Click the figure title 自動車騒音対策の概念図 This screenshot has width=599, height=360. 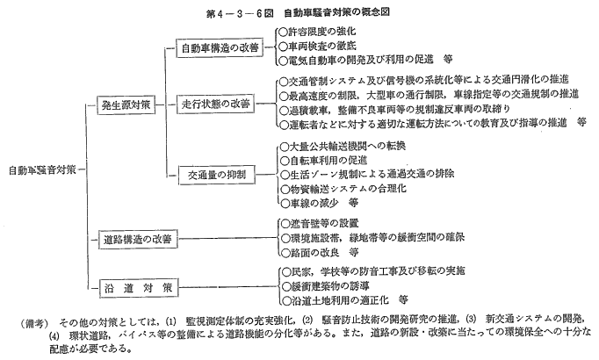point(336,12)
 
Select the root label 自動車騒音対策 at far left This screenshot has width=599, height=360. point(42,170)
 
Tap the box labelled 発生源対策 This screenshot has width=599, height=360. point(126,105)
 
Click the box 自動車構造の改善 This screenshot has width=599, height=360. point(220,47)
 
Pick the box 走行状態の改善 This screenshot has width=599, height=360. point(216,104)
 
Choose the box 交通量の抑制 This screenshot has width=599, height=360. point(217,175)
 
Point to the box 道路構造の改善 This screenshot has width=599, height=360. point(138,240)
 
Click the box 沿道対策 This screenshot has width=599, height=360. point(139,288)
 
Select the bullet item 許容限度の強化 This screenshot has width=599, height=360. point(317,32)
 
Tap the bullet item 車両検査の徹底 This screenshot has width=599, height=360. point(317,47)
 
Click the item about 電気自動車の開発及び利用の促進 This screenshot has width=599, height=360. point(365,60)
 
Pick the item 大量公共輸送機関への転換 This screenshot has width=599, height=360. point(343,146)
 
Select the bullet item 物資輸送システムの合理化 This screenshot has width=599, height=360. point(343,189)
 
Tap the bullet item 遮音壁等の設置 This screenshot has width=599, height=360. point(320,223)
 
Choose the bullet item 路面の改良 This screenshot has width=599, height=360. point(320,252)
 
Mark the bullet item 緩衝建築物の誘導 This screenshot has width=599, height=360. point(325,286)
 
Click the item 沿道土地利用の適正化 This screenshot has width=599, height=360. point(344,300)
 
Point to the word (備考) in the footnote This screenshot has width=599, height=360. point(34,324)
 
